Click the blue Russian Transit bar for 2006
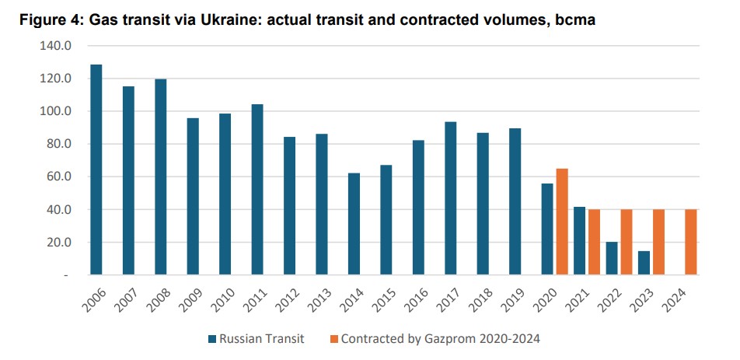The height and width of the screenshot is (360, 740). (x=96, y=170)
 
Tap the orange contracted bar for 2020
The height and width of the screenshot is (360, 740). (x=562, y=222)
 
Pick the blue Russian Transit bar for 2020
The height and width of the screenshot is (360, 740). (x=547, y=229)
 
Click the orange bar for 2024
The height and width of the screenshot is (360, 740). (x=691, y=242)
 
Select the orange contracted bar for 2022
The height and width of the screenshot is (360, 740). (x=627, y=242)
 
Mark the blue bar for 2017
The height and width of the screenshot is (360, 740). (x=450, y=198)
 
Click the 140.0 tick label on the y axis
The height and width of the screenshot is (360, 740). (x=55, y=46)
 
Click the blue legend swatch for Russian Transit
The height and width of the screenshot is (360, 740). (x=212, y=338)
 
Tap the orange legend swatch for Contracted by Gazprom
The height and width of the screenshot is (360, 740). (x=333, y=338)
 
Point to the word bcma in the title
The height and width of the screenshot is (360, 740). (x=575, y=21)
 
